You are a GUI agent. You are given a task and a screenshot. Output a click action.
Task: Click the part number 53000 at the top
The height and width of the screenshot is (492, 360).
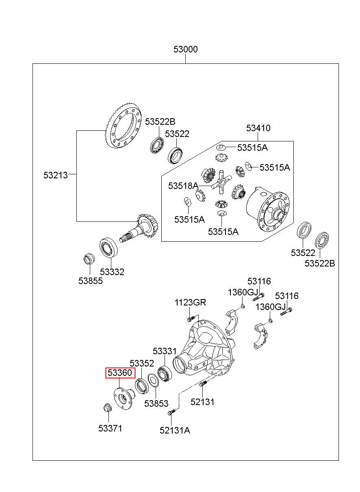[185, 49]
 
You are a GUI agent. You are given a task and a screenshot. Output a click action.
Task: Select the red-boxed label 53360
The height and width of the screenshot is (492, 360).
[120, 373]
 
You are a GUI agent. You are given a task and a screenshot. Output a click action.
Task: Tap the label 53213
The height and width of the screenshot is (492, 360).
[56, 175]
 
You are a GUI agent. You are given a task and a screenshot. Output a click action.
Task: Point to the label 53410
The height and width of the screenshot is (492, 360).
[258, 128]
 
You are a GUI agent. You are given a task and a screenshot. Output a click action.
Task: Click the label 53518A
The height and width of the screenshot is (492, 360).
[183, 186]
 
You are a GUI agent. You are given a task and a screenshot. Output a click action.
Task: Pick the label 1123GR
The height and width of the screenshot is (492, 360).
[190, 302]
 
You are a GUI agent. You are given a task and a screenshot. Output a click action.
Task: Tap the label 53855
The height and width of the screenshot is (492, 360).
[91, 281]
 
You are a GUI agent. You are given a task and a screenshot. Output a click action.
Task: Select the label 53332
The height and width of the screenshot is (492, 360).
[112, 272]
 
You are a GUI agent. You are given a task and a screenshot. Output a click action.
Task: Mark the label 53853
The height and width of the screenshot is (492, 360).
[156, 403]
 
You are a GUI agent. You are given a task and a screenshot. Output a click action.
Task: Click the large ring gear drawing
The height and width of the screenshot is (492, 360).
[123, 127]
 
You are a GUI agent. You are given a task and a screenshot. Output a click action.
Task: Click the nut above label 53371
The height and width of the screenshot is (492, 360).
[107, 407]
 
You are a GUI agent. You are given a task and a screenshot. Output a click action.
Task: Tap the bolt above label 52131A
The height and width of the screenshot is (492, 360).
[171, 412]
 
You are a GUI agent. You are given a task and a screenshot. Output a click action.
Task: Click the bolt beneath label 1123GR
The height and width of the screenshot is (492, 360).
[191, 318]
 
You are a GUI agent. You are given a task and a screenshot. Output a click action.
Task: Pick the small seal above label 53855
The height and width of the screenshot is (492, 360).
[89, 259]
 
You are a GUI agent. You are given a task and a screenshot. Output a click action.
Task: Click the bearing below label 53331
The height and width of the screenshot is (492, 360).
[165, 373]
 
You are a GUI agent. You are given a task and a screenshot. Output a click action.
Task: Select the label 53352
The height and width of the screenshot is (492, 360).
[142, 363]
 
